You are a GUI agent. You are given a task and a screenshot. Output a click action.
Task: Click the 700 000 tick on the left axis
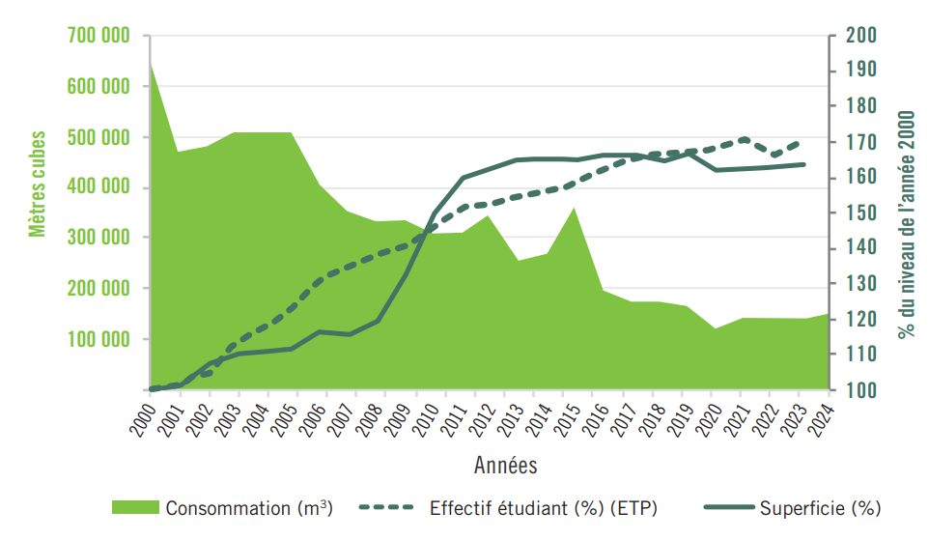(x=99, y=37)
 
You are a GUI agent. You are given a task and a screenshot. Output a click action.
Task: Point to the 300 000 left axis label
(x=99, y=238)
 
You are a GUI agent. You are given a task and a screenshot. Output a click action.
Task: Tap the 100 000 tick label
(x=99, y=339)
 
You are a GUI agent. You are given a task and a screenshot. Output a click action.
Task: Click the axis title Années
(x=506, y=466)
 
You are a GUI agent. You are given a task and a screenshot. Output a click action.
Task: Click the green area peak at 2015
(x=575, y=208)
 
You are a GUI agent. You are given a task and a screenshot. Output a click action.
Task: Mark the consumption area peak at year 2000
(x=151, y=63)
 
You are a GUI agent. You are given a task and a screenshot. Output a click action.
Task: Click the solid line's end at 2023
(x=803, y=164)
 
